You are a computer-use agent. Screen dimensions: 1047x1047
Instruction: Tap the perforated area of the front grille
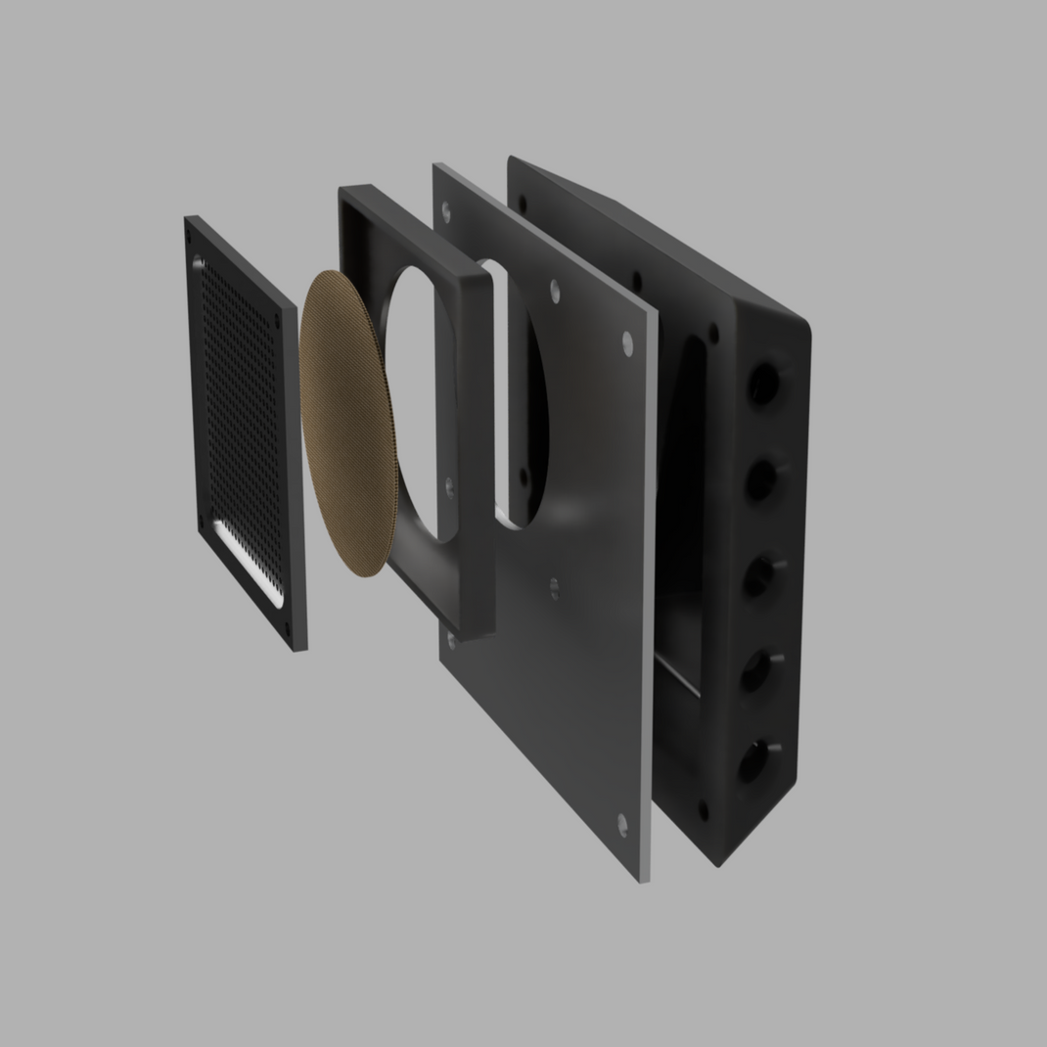tap(240, 421)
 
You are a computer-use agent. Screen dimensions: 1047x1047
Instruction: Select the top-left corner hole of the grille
tap(199, 262)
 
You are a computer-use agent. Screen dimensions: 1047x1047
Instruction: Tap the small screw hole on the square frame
tap(449, 485)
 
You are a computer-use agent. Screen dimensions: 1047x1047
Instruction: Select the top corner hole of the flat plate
tap(447, 209)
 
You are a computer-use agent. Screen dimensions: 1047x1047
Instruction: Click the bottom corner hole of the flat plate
tap(622, 824)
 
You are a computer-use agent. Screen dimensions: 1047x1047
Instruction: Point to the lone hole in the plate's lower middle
tap(555, 587)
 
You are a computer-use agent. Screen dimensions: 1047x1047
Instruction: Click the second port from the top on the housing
tap(760, 478)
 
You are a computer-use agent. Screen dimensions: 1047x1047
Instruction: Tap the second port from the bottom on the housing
tap(754, 670)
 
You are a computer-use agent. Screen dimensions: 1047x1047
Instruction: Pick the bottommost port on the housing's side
tap(751, 761)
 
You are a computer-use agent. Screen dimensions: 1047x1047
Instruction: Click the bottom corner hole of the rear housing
tap(703, 810)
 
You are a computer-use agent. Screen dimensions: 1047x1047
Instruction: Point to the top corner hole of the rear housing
tap(523, 204)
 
